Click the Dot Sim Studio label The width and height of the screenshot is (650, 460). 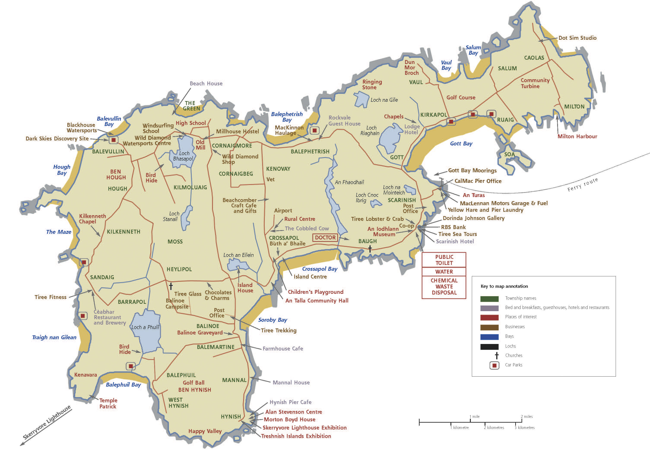coord(577,38)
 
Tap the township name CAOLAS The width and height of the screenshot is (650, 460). coord(534,58)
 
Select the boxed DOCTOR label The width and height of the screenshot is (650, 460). coord(325,238)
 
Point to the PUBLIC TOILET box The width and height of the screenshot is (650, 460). coord(444,260)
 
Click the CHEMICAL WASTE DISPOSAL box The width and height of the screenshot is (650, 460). coord(444,286)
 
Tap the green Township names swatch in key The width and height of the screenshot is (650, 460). coord(489,299)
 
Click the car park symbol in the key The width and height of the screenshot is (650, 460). coord(494,365)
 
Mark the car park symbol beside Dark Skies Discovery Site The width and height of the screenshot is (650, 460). coord(114,140)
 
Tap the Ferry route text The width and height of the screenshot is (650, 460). coord(583,185)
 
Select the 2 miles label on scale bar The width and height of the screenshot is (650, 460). coord(526,416)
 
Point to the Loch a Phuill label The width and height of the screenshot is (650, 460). coord(145,327)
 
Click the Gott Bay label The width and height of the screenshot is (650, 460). coord(461,144)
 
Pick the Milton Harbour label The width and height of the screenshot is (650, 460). coord(577,137)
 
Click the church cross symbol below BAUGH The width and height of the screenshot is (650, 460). coord(370,249)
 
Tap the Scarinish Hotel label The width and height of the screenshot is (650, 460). coord(455,241)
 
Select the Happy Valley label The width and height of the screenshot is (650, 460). coord(205,431)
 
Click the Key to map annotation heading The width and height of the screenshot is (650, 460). coord(504,286)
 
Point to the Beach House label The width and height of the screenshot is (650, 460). coord(206,84)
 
